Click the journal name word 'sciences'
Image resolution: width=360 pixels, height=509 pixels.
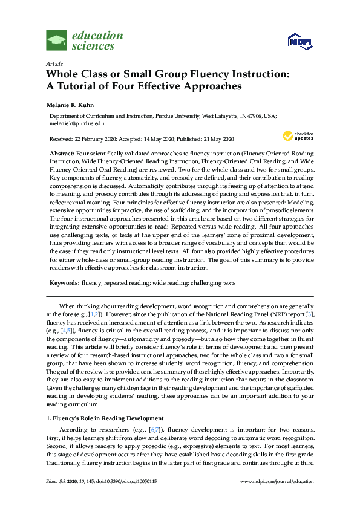[92, 46]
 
